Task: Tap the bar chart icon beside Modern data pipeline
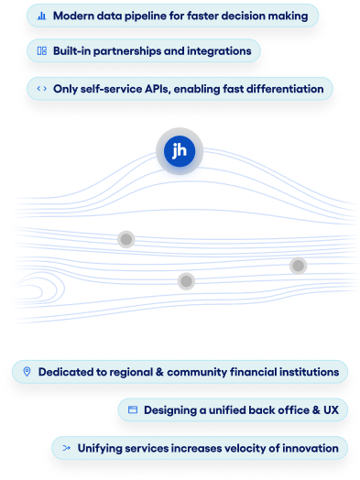(42, 16)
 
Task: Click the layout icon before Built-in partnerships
(42, 51)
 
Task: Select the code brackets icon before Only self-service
(42, 89)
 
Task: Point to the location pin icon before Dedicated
(27, 372)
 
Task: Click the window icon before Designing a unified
(132, 410)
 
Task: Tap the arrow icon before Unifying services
(65, 447)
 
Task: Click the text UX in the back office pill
(331, 410)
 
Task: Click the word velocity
(242, 447)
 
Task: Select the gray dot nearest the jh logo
(126, 239)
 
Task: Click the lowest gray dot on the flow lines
(186, 280)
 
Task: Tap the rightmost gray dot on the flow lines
(298, 266)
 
